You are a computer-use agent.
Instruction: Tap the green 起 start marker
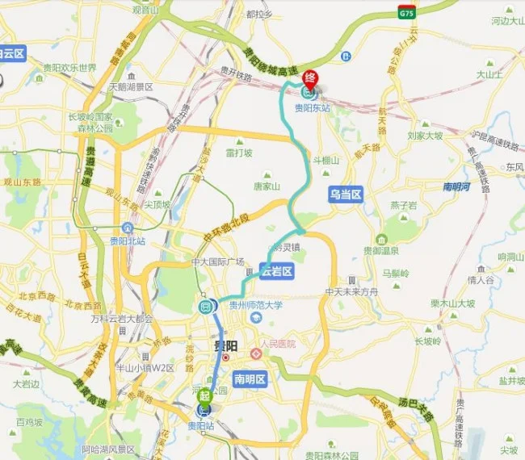pyautogui.click(x=205, y=395)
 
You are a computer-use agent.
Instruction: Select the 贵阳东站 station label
pyautogui.click(x=313, y=107)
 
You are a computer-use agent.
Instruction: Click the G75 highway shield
pyautogui.click(x=406, y=12)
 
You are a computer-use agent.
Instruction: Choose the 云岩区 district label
pyautogui.click(x=276, y=272)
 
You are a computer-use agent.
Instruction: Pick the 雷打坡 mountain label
pyautogui.click(x=239, y=153)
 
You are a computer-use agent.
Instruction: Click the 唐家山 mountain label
pyautogui.click(x=266, y=186)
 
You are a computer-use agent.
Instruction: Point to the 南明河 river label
pyautogui.click(x=458, y=187)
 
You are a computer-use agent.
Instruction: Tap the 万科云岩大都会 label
pyautogui.click(x=123, y=318)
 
